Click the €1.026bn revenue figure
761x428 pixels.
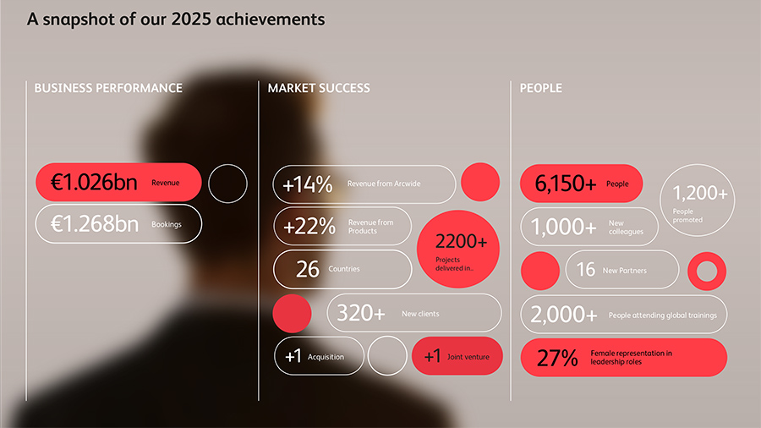(x=94, y=183)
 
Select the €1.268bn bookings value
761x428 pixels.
(x=94, y=224)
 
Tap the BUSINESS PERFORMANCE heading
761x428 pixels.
(x=108, y=88)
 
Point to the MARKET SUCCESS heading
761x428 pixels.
(x=319, y=88)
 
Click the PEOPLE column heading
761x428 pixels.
(x=540, y=88)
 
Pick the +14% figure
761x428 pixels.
(x=308, y=184)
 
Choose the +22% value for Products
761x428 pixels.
(x=308, y=227)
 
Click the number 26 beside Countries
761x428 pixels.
(x=308, y=269)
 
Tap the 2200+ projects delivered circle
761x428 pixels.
(x=461, y=249)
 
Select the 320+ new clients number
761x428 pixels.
(x=361, y=314)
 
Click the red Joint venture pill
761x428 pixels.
(x=457, y=356)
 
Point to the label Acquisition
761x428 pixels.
(x=326, y=357)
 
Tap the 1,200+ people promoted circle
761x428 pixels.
(x=698, y=200)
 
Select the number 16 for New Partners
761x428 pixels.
(x=586, y=271)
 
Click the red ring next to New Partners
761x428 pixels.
(x=706, y=272)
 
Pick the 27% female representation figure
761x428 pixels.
(x=557, y=358)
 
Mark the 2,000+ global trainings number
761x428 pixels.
(x=564, y=315)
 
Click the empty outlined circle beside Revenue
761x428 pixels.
(x=227, y=184)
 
